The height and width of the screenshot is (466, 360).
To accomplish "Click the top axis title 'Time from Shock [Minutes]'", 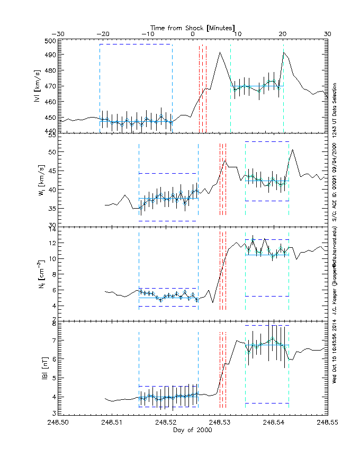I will (193, 27).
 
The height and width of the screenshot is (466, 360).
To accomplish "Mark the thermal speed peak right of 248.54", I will (292, 149).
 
